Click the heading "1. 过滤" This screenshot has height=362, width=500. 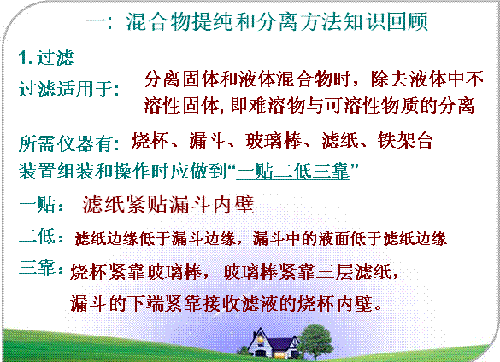46,58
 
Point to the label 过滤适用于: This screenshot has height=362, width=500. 69,89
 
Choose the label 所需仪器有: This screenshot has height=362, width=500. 69,143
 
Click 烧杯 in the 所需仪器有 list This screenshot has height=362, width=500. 150,140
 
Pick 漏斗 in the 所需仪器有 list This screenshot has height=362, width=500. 207,140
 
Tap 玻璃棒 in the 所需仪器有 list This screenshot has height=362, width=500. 274,140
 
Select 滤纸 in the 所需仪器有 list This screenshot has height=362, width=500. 340,140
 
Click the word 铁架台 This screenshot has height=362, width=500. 405,140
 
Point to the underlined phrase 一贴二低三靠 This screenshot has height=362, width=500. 293,172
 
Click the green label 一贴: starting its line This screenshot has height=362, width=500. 42,204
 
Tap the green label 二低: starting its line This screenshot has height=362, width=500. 42,236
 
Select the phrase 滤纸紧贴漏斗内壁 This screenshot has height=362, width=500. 168,204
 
